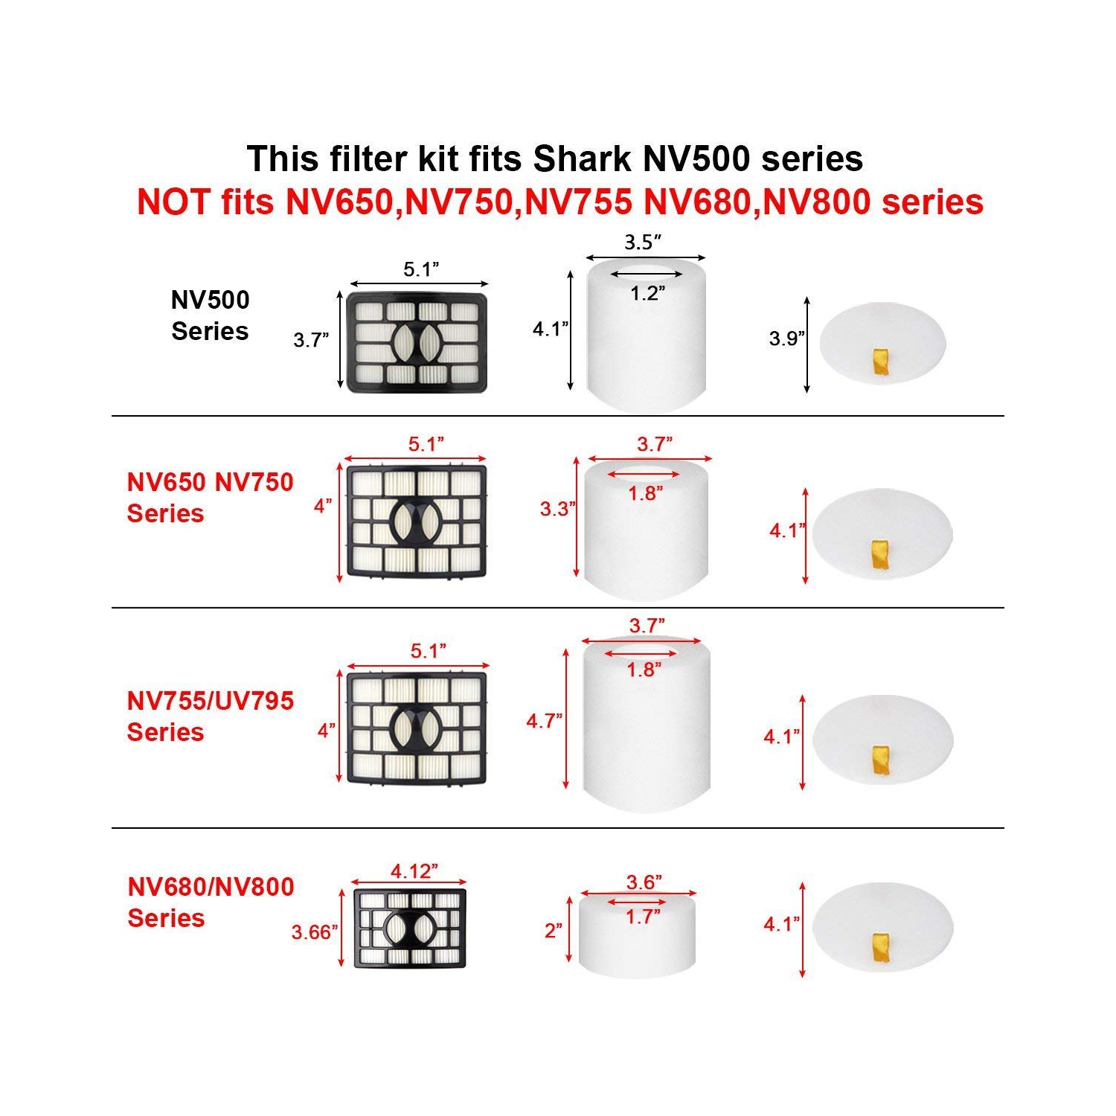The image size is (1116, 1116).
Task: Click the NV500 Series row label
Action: coord(210,315)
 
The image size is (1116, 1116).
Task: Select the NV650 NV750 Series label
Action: coord(210,498)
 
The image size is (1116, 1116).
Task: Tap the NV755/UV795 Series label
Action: coord(210,716)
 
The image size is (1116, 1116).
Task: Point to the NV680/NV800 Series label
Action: coord(211,902)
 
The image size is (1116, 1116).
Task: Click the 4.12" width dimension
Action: coord(414,870)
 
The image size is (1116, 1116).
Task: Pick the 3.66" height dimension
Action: coord(314,931)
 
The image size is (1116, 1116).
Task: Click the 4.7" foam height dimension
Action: coord(544,721)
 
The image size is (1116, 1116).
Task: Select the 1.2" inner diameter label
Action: coord(647,293)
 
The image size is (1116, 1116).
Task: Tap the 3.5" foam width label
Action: coord(643,242)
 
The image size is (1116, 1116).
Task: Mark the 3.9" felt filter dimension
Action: coord(786,339)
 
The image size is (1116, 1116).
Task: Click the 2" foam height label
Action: coord(553,931)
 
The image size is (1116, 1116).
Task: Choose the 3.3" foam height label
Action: coord(557,509)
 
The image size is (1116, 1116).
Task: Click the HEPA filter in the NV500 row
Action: coord(417,343)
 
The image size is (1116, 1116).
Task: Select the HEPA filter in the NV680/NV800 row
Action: coord(410,928)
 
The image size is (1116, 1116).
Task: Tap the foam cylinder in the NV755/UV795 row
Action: coord(646,725)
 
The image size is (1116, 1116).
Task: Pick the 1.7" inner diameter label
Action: coord(642,917)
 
